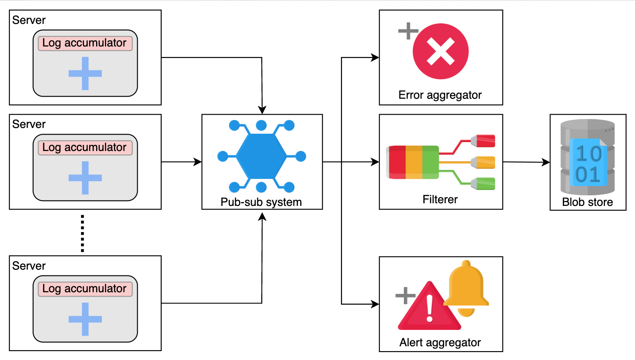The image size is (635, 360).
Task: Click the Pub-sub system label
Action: coord(261,202)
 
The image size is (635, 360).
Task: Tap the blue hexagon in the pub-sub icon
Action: coord(261,156)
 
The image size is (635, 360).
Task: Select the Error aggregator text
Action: coord(440,95)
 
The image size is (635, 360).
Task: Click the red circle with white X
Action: coord(441,51)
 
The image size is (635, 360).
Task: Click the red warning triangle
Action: coord(429,306)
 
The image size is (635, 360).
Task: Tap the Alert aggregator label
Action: coord(440,342)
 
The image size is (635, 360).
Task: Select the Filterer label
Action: coord(440,199)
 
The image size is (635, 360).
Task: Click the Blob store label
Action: coord(587,202)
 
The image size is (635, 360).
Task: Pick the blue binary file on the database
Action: coord(588,163)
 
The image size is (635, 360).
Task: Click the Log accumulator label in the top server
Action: coord(85,43)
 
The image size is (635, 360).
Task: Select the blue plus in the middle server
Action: coord(85,178)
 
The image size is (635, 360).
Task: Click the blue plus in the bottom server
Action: coord(85,319)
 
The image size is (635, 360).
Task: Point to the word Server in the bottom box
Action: coord(29,266)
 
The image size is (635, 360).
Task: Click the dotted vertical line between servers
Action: coord(82,233)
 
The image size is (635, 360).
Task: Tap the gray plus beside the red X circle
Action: coord(408,31)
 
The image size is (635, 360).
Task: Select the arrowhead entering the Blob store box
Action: coord(546,163)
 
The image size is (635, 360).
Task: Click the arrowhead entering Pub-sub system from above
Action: coord(262,110)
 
